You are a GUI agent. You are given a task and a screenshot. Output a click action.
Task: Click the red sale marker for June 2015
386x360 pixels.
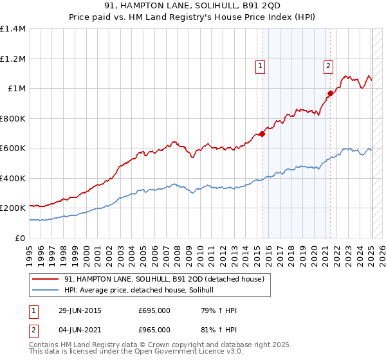[x=262, y=134]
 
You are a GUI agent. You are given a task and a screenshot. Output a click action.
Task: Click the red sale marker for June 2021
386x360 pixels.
[x=330, y=93]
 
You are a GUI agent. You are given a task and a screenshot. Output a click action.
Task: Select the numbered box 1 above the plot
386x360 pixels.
[x=260, y=65]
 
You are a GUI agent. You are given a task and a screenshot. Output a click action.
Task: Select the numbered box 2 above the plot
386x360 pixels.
[x=328, y=65]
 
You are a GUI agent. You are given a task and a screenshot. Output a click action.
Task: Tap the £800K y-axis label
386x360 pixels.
[x=13, y=118]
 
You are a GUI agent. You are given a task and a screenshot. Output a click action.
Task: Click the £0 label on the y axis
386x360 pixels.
[x=21, y=238]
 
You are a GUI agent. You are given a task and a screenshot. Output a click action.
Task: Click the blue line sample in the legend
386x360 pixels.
[x=46, y=291]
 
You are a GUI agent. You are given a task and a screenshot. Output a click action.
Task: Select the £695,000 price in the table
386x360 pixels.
[x=154, y=310]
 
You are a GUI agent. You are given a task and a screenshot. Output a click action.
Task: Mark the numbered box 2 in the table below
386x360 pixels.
[x=33, y=330]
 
